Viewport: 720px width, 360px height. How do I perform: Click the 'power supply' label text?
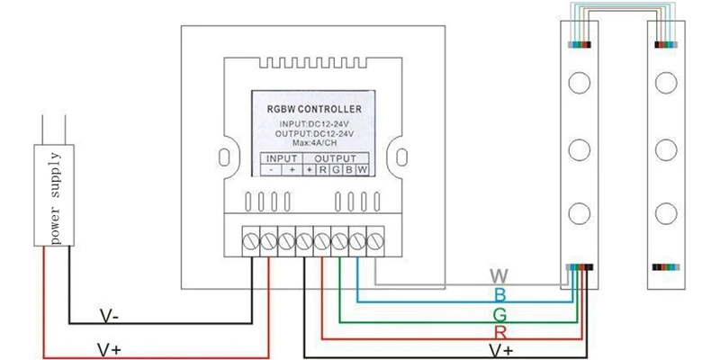coord(55,198)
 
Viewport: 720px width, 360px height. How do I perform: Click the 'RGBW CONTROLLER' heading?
coord(314,109)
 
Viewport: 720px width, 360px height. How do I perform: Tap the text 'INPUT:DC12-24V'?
coord(314,124)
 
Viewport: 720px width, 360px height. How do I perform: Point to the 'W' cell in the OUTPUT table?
coord(363,170)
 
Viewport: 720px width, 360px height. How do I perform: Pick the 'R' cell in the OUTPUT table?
coord(323,170)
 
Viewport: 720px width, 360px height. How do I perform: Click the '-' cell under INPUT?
coord(272,170)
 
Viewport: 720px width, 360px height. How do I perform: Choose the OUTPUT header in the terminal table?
coord(336,159)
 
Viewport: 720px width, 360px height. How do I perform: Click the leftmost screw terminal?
coord(251,241)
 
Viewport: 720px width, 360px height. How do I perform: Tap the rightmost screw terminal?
coord(375,241)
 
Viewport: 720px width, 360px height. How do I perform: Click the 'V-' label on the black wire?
coord(110,316)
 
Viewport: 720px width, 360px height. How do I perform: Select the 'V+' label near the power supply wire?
coord(110,350)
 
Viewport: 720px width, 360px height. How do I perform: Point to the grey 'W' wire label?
coord(499,276)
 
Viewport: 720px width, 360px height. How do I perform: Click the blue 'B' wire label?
coord(500,295)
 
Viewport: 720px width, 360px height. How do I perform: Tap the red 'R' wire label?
coord(500,332)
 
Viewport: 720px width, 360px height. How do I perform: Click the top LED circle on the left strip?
coord(579,83)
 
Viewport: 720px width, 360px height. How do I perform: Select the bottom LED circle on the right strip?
coord(666,213)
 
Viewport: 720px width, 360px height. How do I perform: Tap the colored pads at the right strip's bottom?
coord(666,267)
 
